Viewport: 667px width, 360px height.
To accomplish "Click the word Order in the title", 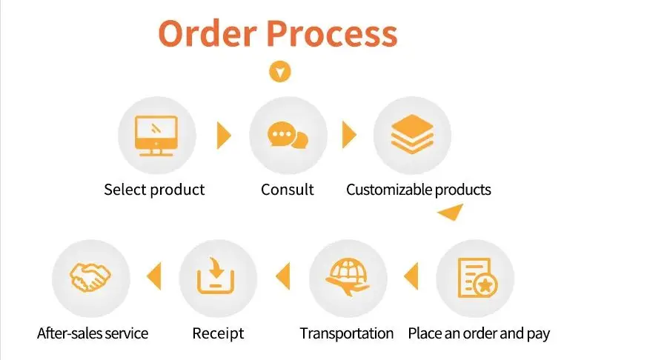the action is [207, 34].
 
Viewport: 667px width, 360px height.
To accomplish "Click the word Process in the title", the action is [332, 34].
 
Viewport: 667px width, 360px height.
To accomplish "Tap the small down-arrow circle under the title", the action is [280, 72].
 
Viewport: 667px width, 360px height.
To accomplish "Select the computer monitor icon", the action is [157, 136].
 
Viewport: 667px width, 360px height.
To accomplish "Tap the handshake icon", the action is [90, 279].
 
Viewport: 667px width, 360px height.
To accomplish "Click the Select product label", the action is [154, 190].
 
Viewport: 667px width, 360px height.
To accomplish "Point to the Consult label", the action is [288, 190].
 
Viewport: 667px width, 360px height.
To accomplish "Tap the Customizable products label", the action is [419, 190].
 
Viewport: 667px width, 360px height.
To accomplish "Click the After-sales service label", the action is [93, 333].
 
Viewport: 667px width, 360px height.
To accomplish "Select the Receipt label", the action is [218, 333].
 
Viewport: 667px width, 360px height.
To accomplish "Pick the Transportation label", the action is [347, 333].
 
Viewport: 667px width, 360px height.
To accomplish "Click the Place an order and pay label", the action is [479, 333].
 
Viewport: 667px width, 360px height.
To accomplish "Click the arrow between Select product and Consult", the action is [223, 136].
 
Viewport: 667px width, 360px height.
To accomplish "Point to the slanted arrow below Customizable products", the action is [451, 213].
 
